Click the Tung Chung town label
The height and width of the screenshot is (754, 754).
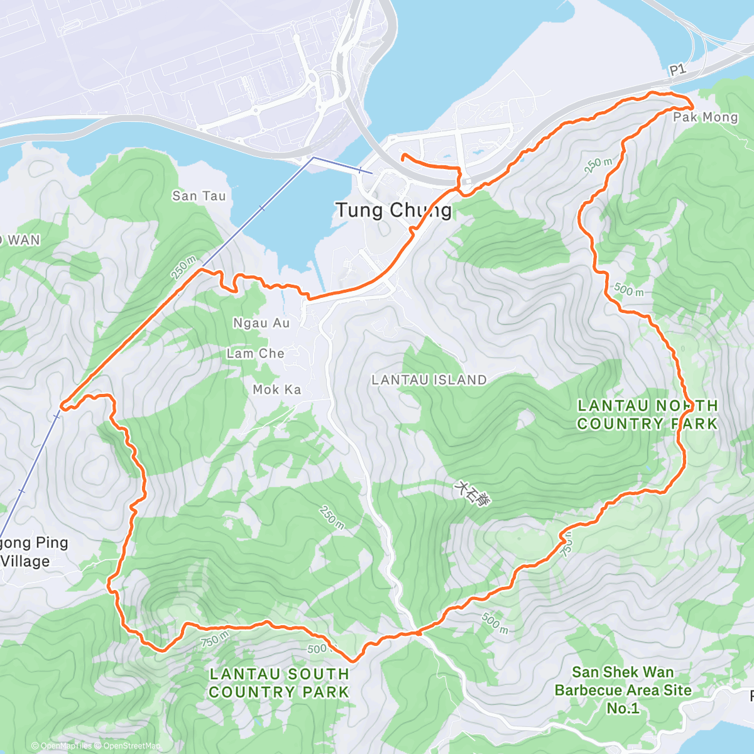click(393, 210)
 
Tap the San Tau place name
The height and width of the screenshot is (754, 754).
click(199, 196)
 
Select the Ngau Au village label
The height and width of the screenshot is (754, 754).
click(261, 323)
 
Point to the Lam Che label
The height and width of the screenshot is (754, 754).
click(255, 354)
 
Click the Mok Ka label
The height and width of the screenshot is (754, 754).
click(276, 390)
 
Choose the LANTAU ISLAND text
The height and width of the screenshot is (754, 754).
click(429, 380)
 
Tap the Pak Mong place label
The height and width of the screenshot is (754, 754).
click(705, 117)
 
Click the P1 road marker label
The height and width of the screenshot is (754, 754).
click(677, 70)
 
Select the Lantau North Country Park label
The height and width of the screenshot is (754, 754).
click(647, 415)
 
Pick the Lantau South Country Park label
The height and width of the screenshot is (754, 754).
click(279, 683)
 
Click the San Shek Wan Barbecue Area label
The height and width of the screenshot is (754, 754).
click(623, 690)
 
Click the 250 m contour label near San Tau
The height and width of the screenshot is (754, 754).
click(183, 268)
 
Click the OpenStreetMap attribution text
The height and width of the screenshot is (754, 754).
click(131, 746)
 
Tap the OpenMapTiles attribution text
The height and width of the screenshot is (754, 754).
click(66, 746)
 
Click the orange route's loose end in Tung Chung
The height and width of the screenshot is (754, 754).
click(402, 155)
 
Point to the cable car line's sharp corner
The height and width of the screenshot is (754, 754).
click(313, 158)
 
